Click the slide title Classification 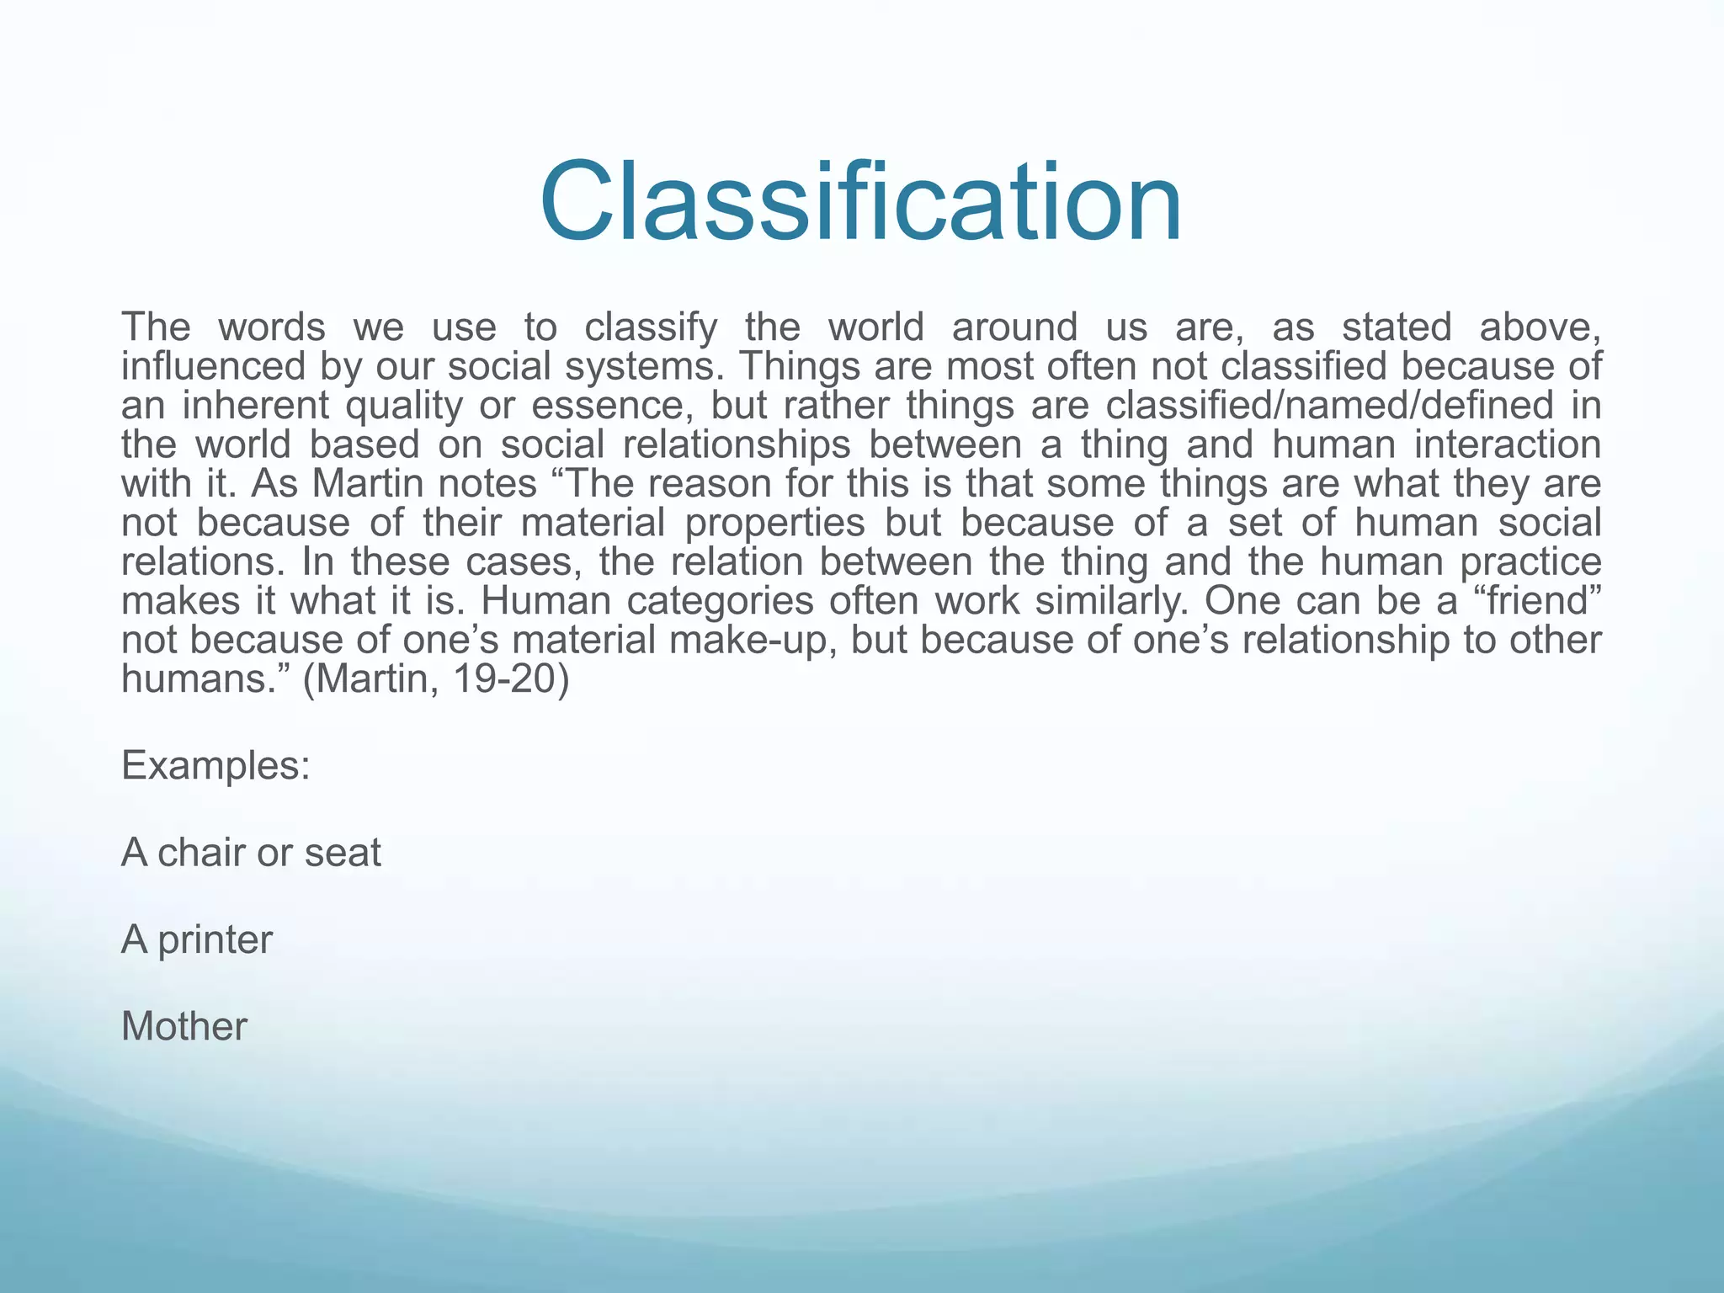(x=860, y=203)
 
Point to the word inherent (x=252, y=406)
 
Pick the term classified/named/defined (x=1329, y=406)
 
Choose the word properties (x=774, y=523)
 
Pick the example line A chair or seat (x=251, y=853)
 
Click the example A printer (x=197, y=939)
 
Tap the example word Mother (x=184, y=1027)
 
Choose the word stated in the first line (x=1397, y=327)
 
